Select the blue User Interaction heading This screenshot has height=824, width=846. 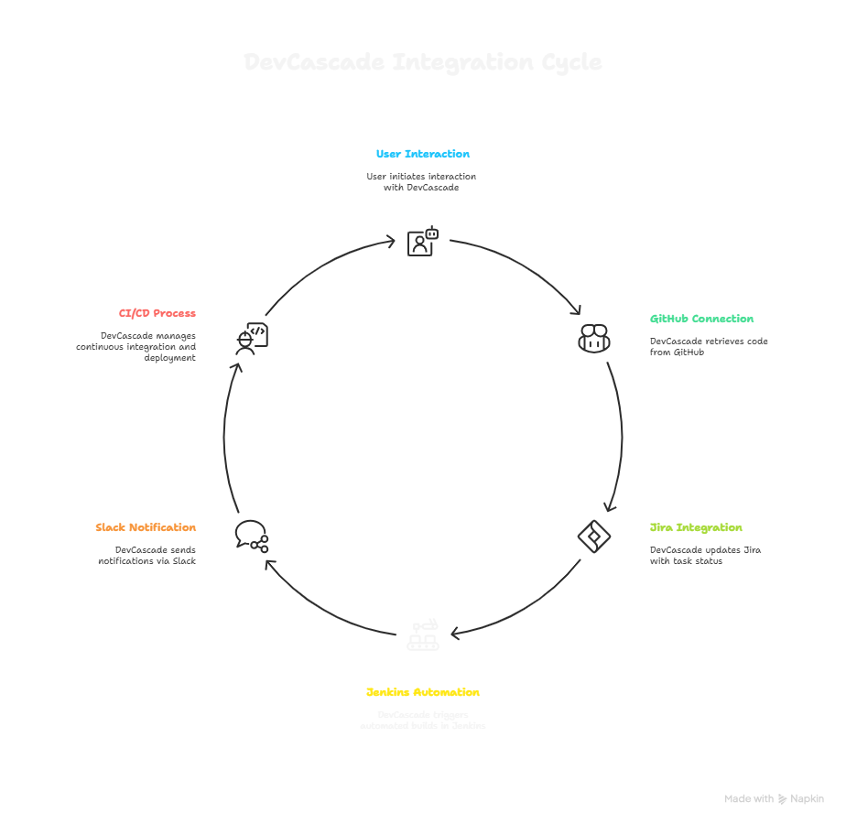coord(423,154)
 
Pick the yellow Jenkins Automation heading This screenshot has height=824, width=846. coord(423,692)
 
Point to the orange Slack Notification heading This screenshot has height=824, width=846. coord(146,528)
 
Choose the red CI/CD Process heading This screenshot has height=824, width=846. coord(157,313)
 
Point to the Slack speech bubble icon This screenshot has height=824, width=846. coord(251,535)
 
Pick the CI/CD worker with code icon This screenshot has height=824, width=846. coord(250,338)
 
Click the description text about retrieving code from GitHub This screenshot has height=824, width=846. coord(709,346)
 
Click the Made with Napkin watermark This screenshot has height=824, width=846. coord(774,799)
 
